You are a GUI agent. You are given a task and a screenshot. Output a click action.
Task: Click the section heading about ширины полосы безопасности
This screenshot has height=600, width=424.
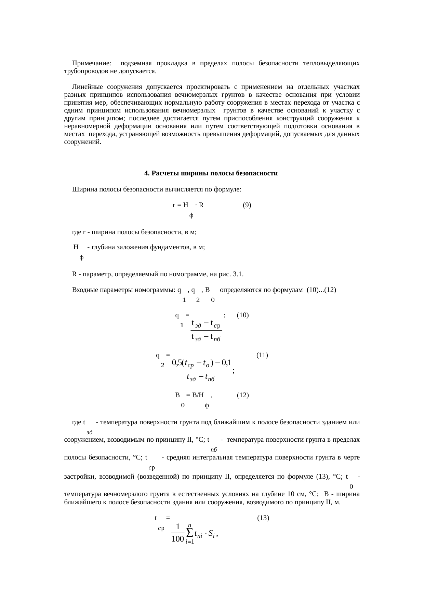coord(211,173)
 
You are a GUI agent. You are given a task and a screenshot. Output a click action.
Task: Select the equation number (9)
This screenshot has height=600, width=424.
coord(247,205)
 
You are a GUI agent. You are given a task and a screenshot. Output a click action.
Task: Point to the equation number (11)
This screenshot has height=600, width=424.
coord(262,355)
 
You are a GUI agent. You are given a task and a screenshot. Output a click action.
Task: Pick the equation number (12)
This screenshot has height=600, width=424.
coord(242,395)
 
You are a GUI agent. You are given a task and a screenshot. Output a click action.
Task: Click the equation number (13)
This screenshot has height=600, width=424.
coord(263,518)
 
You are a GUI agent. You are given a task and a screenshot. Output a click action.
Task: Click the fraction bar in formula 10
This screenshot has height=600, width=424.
coord(206,330)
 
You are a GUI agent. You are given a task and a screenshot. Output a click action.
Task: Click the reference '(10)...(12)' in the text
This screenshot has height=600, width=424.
coord(321,290)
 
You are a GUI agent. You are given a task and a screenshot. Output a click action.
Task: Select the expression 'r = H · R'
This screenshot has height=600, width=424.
coord(188,205)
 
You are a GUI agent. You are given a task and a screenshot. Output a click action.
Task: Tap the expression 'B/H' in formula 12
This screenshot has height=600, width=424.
coord(198,395)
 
